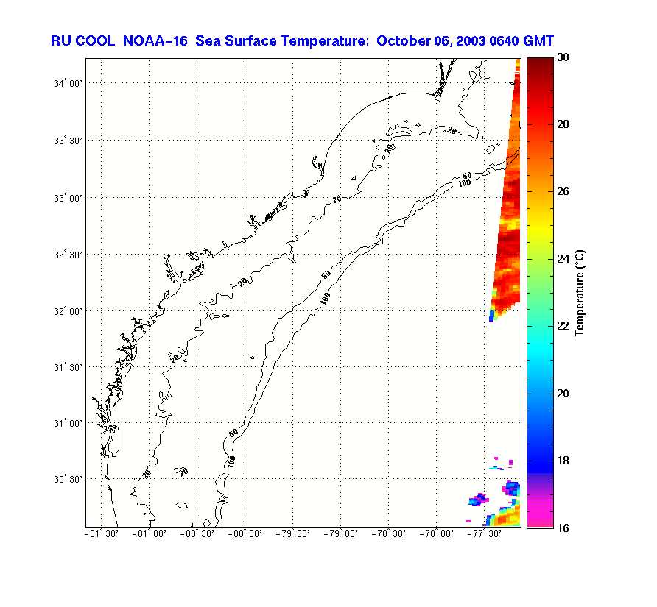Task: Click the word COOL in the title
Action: point(95,41)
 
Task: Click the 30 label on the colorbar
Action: point(563,57)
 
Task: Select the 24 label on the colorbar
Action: point(563,259)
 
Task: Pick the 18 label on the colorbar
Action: point(563,461)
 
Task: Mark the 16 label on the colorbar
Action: point(563,528)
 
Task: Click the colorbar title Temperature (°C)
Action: point(580,292)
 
